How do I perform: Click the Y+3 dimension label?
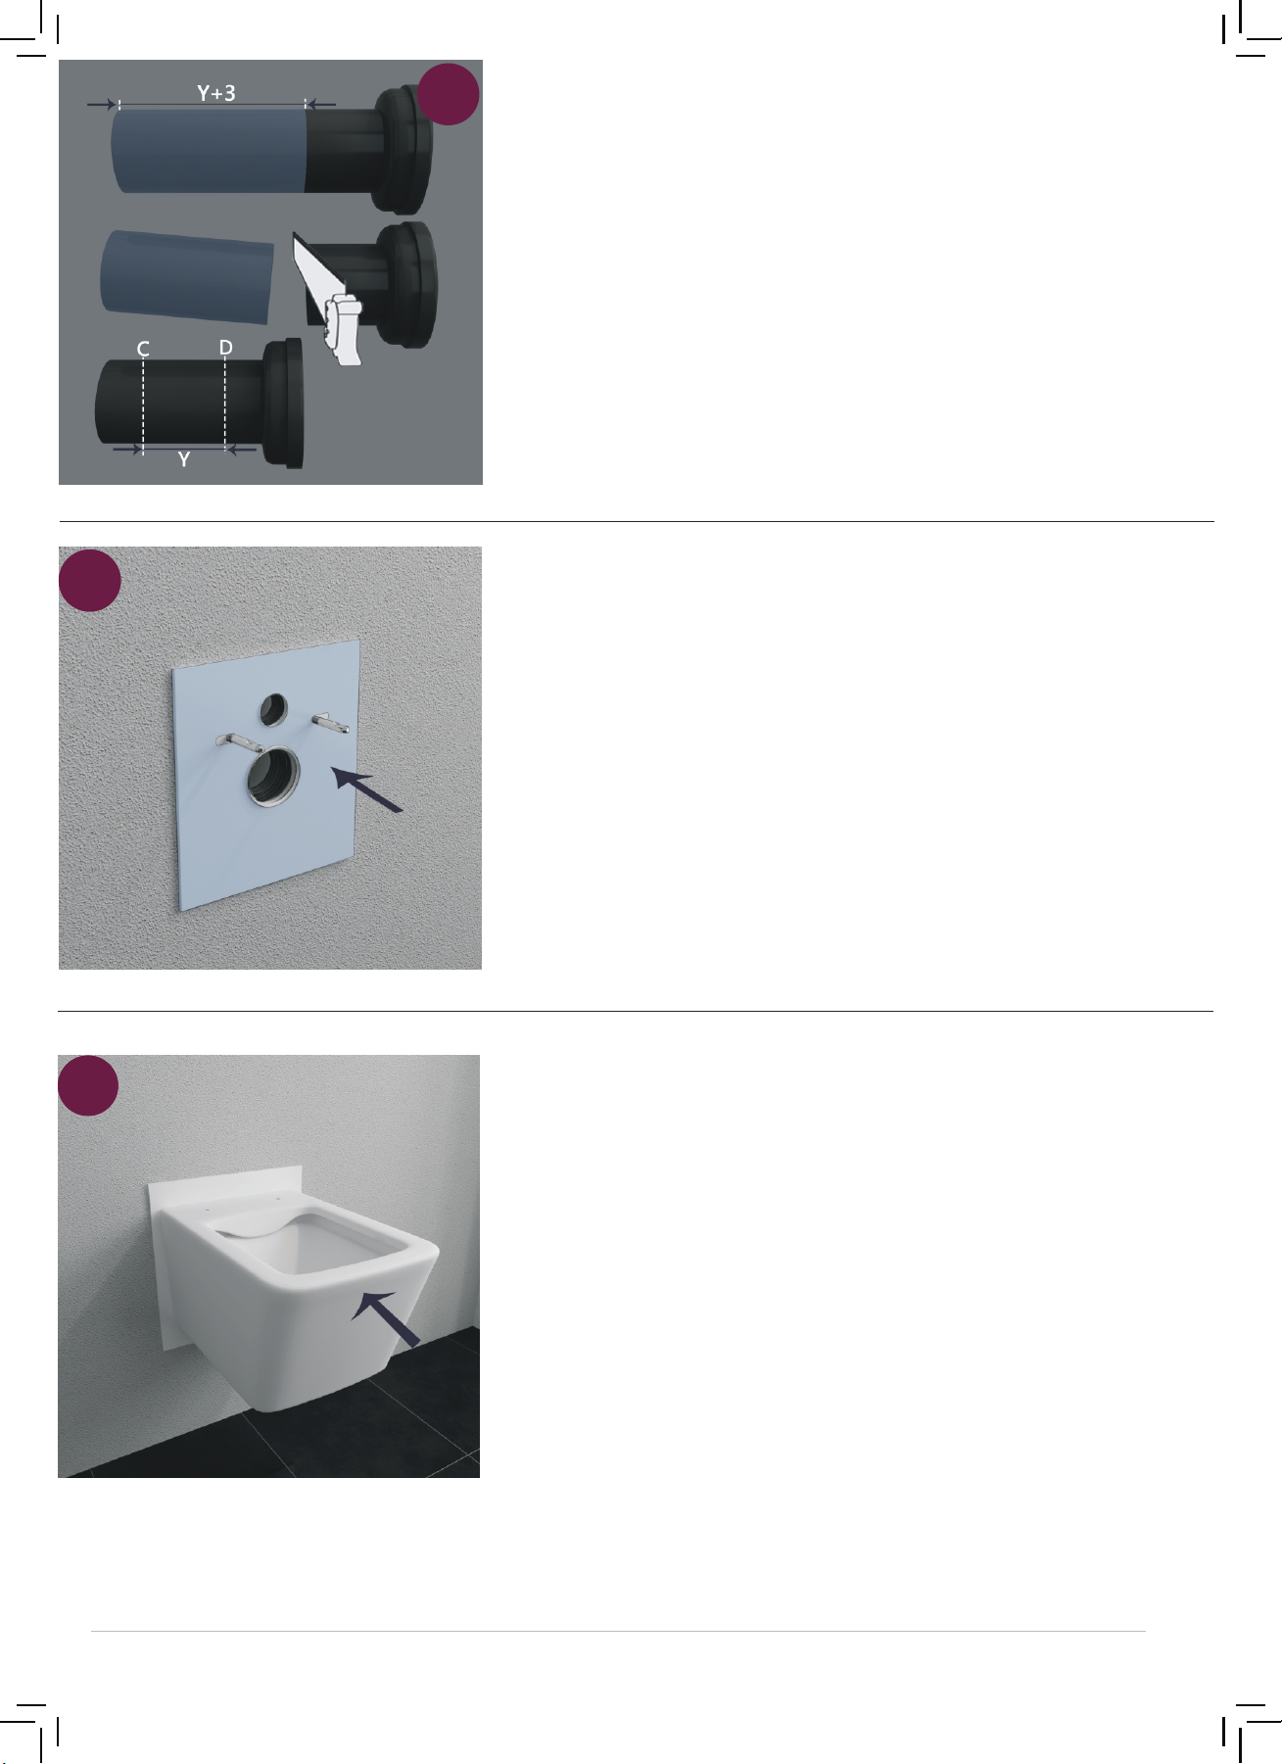click(216, 93)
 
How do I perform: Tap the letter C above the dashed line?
click(143, 349)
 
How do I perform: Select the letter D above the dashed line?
click(226, 348)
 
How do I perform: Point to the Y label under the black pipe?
click(184, 459)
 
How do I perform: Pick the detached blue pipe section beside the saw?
click(186, 276)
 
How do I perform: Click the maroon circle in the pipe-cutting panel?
click(449, 94)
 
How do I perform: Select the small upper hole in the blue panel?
click(273, 710)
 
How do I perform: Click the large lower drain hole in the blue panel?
click(273, 777)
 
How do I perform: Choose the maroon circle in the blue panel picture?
click(90, 581)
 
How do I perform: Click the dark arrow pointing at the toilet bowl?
click(387, 1317)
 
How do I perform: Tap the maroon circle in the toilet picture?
click(88, 1085)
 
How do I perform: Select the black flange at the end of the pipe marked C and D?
click(286, 404)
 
